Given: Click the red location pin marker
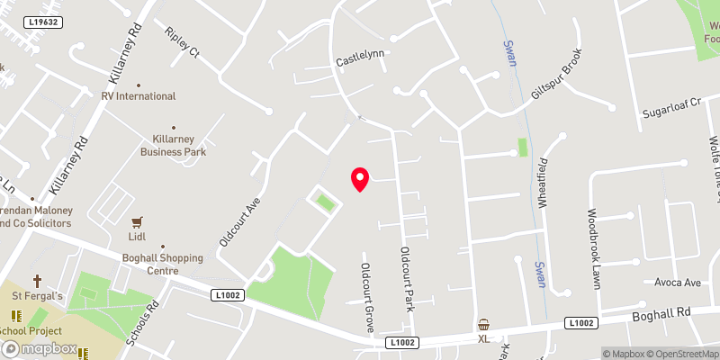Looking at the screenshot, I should coord(360,179).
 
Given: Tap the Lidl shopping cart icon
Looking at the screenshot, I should coord(138,221).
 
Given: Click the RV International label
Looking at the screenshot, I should coord(139,95).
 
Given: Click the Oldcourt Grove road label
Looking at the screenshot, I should coord(367,298).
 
